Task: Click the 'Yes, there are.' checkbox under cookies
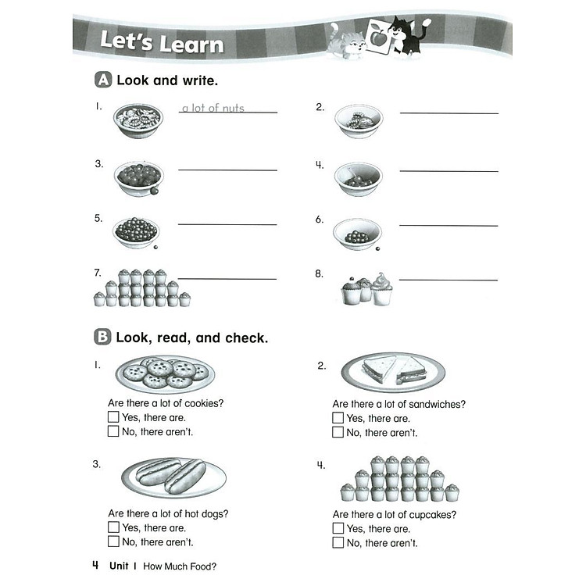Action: click(x=113, y=417)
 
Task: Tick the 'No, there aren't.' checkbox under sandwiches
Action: click(x=338, y=432)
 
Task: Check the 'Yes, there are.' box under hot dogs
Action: click(x=113, y=527)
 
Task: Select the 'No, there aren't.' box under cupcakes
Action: click(x=338, y=542)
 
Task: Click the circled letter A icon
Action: click(x=102, y=80)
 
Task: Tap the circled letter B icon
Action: click(x=102, y=338)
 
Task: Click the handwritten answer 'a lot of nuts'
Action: click(x=213, y=108)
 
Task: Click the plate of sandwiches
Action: click(x=393, y=370)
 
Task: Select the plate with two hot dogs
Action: click(x=173, y=477)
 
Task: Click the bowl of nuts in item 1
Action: click(x=138, y=120)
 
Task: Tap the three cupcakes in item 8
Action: click(x=366, y=289)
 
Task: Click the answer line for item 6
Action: click(x=448, y=226)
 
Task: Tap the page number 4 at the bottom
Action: click(x=95, y=565)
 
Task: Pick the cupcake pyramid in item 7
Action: click(x=142, y=288)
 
